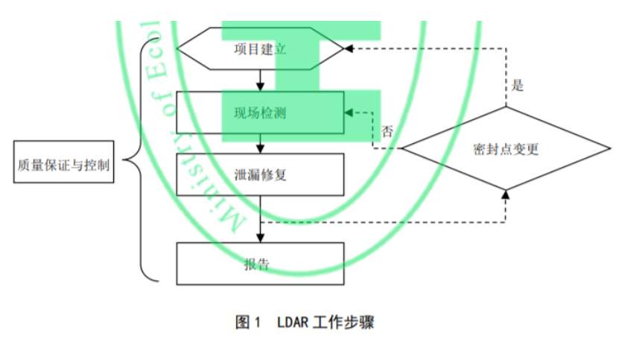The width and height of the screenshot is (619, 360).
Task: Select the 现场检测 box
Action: point(260,113)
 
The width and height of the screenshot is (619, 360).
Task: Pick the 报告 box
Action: point(260,263)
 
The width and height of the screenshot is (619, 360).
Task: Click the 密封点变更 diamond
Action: point(506,148)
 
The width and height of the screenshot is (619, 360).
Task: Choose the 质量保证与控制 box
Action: point(64,165)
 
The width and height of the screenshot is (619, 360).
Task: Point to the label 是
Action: point(518,85)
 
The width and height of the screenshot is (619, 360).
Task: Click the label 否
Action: point(387,132)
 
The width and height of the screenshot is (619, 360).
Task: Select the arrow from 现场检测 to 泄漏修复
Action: point(260,144)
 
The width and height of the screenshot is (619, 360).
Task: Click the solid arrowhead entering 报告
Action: point(260,237)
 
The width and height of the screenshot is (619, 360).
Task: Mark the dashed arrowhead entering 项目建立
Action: point(349,49)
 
